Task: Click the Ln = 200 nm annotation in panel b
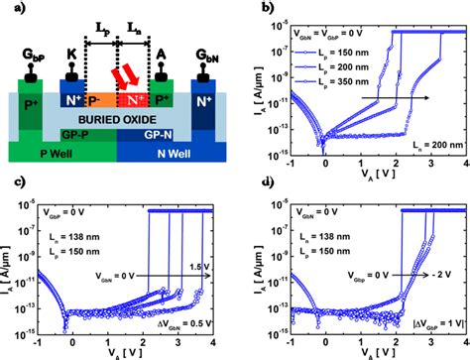428,145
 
